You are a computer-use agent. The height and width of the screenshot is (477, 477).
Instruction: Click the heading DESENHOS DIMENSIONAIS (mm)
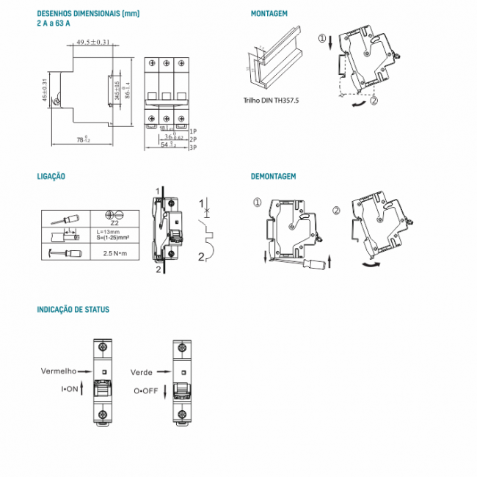pyautogui.click(x=87, y=14)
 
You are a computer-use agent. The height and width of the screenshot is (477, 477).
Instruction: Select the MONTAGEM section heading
pyautogui.click(x=269, y=14)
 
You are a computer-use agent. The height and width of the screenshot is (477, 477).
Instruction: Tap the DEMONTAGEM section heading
pyautogui.click(x=273, y=176)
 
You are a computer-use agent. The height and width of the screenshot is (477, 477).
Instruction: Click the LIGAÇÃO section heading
pyautogui.click(x=51, y=176)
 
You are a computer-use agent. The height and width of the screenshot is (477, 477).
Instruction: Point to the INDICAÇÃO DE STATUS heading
pyautogui.click(x=73, y=310)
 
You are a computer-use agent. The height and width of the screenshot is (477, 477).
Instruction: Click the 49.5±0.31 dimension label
pyautogui.click(x=92, y=43)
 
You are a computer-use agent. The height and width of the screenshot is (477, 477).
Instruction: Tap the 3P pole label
pyautogui.click(x=193, y=148)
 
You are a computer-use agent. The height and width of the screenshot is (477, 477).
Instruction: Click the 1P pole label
pyautogui.click(x=193, y=130)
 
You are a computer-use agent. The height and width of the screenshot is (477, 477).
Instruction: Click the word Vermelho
pyautogui.click(x=58, y=372)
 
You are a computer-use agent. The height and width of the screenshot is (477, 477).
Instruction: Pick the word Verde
pyautogui.click(x=142, y=372)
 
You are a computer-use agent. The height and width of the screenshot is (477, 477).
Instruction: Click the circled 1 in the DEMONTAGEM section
pyautogui.click(x=257, y=203)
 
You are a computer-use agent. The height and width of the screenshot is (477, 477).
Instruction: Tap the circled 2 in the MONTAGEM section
pyautogui.click(x=374, y=101)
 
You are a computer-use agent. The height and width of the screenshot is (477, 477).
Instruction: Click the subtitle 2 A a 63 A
pyautogui.click(x=54, y=23)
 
